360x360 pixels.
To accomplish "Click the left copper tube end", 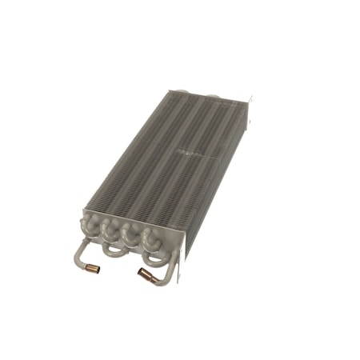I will (x=92, y=269).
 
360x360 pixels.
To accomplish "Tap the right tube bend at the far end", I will (x=213, y=97).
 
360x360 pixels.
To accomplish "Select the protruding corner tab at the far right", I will (x=250, y=101).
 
